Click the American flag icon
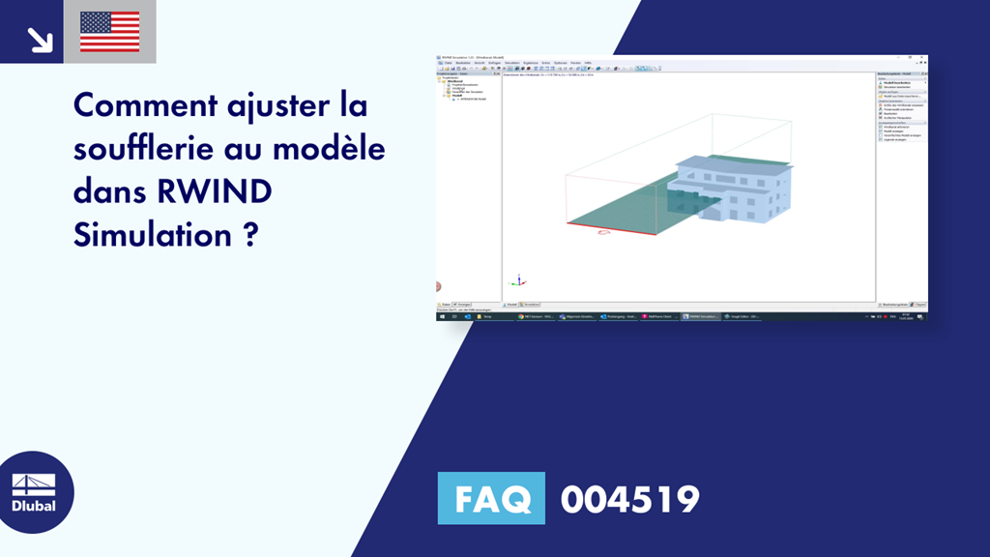[x=109, y=31]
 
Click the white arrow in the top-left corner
[x=39, y=38]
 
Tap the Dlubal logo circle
[x=37, y=492]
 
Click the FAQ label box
[x=490, y=499]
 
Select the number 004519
[x=629, y=500]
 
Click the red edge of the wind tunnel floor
[x=609, y=228]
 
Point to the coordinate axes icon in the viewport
[x=518, y=280]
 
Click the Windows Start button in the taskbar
[x=442, y=316]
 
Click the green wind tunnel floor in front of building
[x=628, y=208]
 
